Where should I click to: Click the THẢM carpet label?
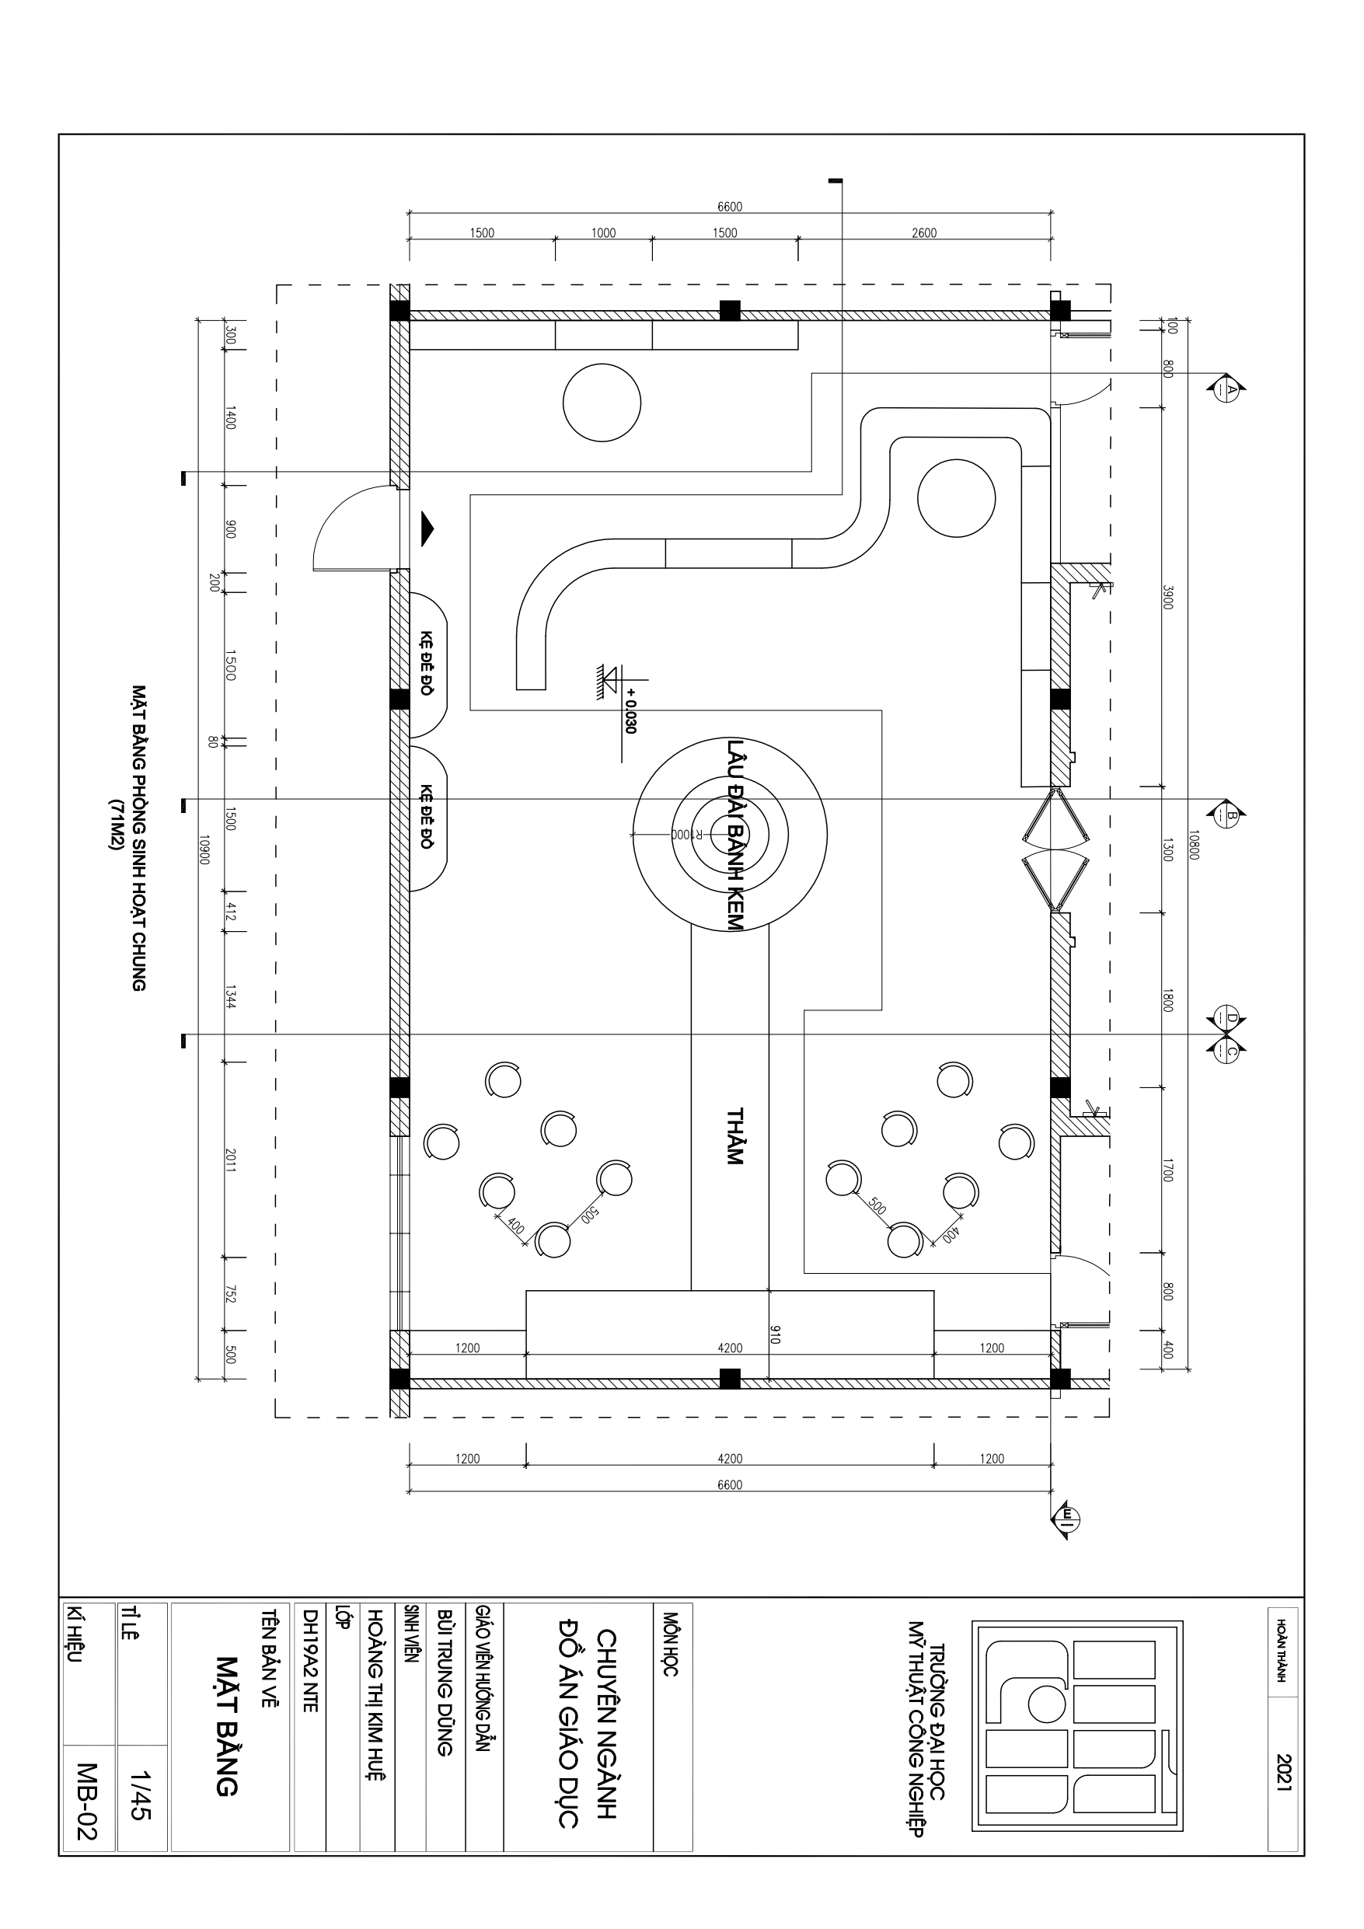tap(734, 1137)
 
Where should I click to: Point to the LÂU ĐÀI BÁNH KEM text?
tap(734, 834)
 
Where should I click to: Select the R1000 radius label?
tap(679, 834)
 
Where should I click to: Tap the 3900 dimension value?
tap(1167, 598)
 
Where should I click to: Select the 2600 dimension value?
tap(923, 232)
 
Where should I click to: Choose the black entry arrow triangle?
tap(428, 529)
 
